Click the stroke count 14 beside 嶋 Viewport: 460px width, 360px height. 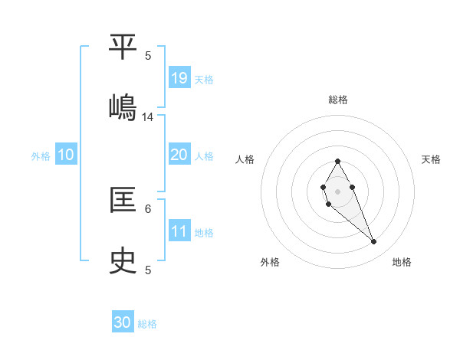tap(148, 117)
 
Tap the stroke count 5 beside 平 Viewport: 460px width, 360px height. tap(148, 55)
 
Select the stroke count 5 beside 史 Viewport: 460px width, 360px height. tap(148, 270)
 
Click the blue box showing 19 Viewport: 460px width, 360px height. tap(179, 77)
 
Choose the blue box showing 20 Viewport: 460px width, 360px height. tap(179, 155)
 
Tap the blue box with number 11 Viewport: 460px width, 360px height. tap(179, 231)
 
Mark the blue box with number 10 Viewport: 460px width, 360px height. tap(66, 155)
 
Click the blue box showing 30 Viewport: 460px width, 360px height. tap(123, 322)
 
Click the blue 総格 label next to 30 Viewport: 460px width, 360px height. tap(147, 324)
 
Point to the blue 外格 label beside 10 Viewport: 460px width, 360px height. tap(41, 156)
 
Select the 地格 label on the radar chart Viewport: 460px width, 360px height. tap(402, 262)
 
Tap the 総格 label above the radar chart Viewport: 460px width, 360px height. tap(337, 100)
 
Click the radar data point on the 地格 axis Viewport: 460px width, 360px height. tap(374, 242)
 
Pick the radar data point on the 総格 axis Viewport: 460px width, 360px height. tap(337, 161)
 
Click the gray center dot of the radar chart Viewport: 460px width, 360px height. tap(337, 191)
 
